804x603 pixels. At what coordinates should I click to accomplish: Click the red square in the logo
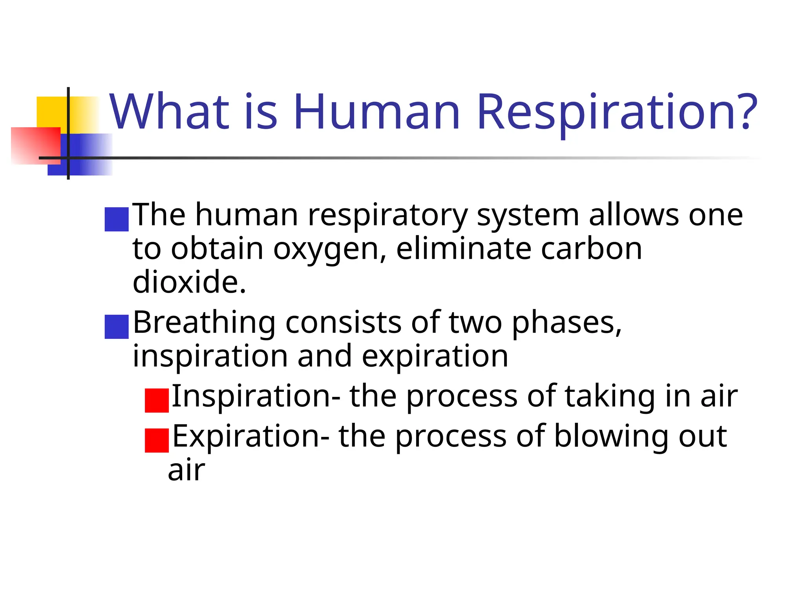[x=35, y=145]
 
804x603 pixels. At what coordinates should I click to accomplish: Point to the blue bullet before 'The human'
[x=117, y=219]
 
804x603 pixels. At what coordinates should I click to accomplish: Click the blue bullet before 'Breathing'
[x=117, y=327]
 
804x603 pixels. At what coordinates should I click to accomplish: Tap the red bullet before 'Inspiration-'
[x=157, y=400]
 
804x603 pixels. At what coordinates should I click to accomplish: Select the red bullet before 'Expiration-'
[x=157, y=440]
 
